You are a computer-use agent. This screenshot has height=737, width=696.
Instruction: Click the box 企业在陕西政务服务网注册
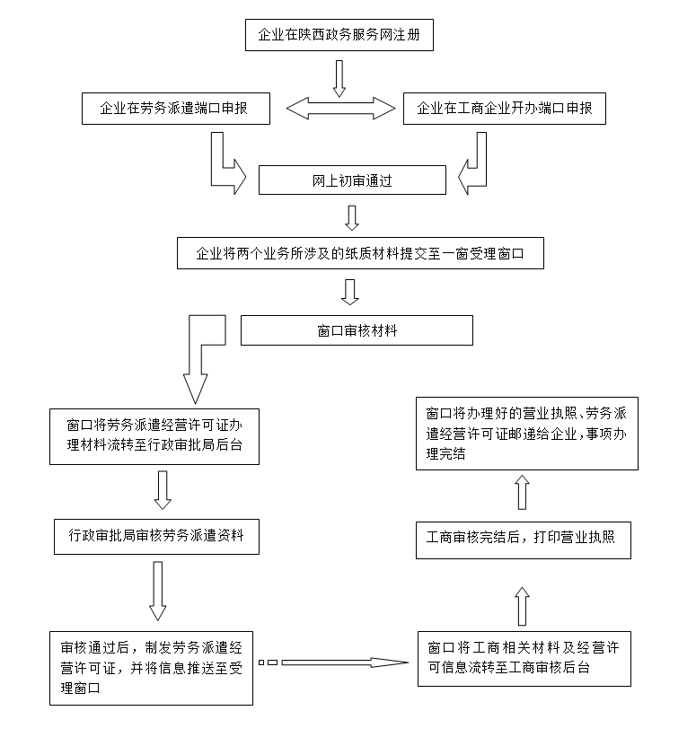(339, 35)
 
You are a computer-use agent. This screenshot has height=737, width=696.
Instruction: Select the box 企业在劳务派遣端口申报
(176, 109)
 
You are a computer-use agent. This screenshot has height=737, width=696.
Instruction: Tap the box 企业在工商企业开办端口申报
(505, 109)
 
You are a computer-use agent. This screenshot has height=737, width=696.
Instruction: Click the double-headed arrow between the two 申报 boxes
(340, 109)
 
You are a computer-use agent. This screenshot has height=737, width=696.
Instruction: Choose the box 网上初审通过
(352, 180)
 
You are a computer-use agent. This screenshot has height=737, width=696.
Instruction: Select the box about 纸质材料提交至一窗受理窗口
(360, 253)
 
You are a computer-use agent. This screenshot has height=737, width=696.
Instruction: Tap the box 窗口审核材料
(357, 330)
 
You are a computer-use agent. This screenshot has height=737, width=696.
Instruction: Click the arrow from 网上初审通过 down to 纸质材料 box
(352, 217)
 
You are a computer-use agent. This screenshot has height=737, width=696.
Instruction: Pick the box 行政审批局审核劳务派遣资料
(156, 537)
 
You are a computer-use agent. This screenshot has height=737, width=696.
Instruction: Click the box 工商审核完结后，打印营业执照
(524, 540)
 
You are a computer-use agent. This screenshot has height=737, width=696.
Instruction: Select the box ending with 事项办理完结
(527, 434)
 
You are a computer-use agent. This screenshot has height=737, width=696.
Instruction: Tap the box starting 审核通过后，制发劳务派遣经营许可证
(152, 669)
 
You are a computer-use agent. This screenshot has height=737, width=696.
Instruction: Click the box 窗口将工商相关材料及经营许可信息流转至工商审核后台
(524, 659)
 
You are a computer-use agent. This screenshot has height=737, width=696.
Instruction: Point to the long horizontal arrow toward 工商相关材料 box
(345, 662)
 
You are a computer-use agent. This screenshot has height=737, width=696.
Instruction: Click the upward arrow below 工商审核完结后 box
(522, 606)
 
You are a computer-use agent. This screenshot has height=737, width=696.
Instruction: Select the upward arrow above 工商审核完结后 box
(522, 492)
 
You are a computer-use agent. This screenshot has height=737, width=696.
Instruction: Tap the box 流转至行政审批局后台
(154, 436)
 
